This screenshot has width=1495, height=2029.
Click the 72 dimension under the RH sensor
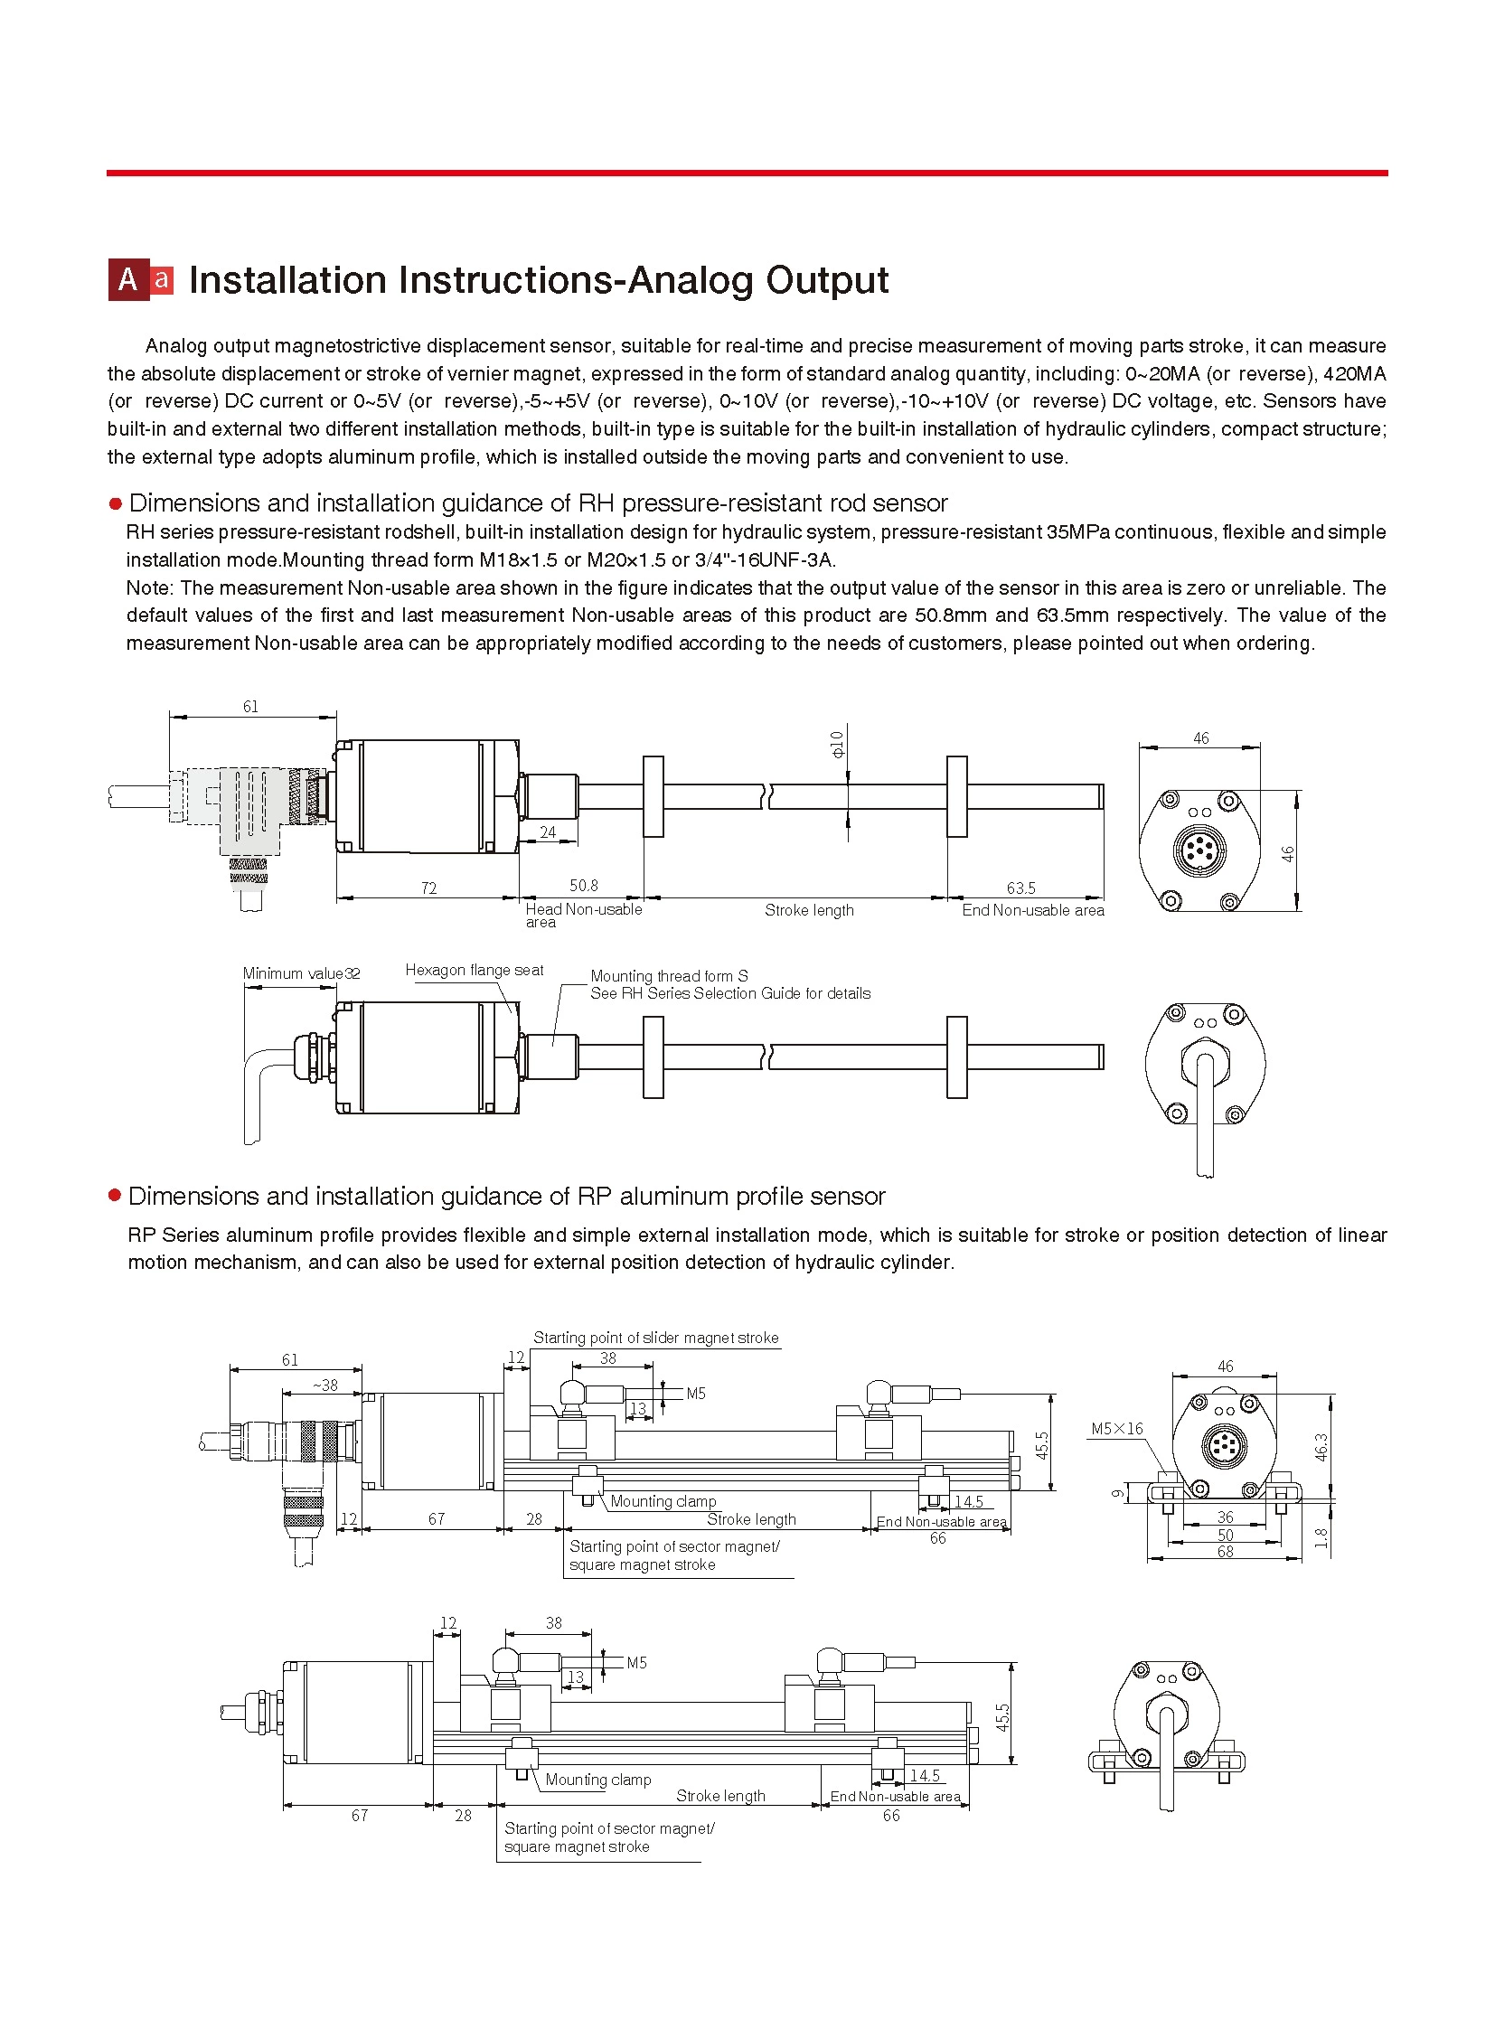pyautogui.click(x=429, y=888)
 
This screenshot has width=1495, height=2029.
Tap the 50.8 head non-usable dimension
pyautogui.click(x=584, y=886)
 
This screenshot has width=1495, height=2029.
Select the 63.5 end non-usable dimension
pyautogui.click(x=1020, y=888)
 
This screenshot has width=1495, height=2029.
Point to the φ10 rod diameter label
pyautogui.click(x=837, y=744)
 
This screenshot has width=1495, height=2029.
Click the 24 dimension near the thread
pyautogui.click(x=548, y=832)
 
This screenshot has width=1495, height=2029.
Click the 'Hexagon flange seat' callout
pyautogui.click(x=475, y=970)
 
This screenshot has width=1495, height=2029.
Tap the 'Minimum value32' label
pyautogui.click(x=301, y=973)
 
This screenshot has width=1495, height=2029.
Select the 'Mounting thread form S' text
pyautogui.click(x=669, y=976)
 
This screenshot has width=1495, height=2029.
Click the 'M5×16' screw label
pyautogui.click(x=1116, y=1429)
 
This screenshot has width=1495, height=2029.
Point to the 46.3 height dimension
pyautogui.click(x=1321, y=1447)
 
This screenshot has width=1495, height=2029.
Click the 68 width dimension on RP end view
pyautogui.click(x=1226, y=1552)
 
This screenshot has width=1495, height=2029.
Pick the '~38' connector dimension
pyautogui.click(x=324, y=1386)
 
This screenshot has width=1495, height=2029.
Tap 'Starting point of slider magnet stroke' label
pyautogui.click(x=655, y=1338)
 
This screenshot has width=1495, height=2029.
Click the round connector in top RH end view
pyautogui.click(x=1199, y=850)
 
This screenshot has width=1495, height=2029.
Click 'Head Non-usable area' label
pyautogui.click(x=583, y=914)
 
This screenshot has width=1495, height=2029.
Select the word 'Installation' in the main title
pyautogui.click(x=287, y=280)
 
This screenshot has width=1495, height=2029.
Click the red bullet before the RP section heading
pyautogui.click(x=115, y=1196)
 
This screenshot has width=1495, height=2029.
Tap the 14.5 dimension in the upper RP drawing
pyautogui.click(x=968, y=1502)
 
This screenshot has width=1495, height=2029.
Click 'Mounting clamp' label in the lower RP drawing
pyautogui.click(x=598, y=1780)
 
